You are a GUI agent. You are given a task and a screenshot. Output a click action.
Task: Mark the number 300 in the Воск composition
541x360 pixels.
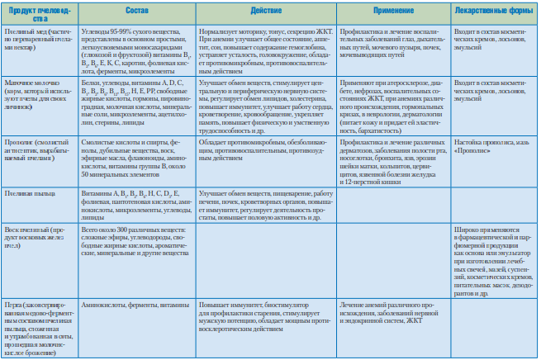(122, 225)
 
